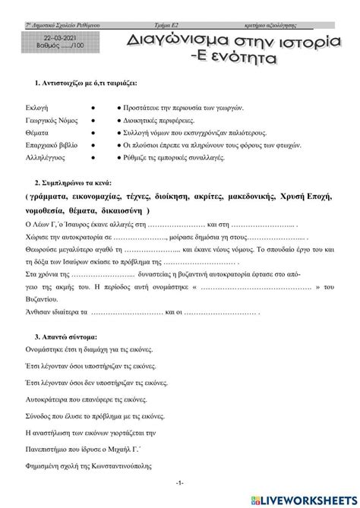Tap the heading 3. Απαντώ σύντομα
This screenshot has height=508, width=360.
[67, 335]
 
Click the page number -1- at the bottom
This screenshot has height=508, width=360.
[179, 483]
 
